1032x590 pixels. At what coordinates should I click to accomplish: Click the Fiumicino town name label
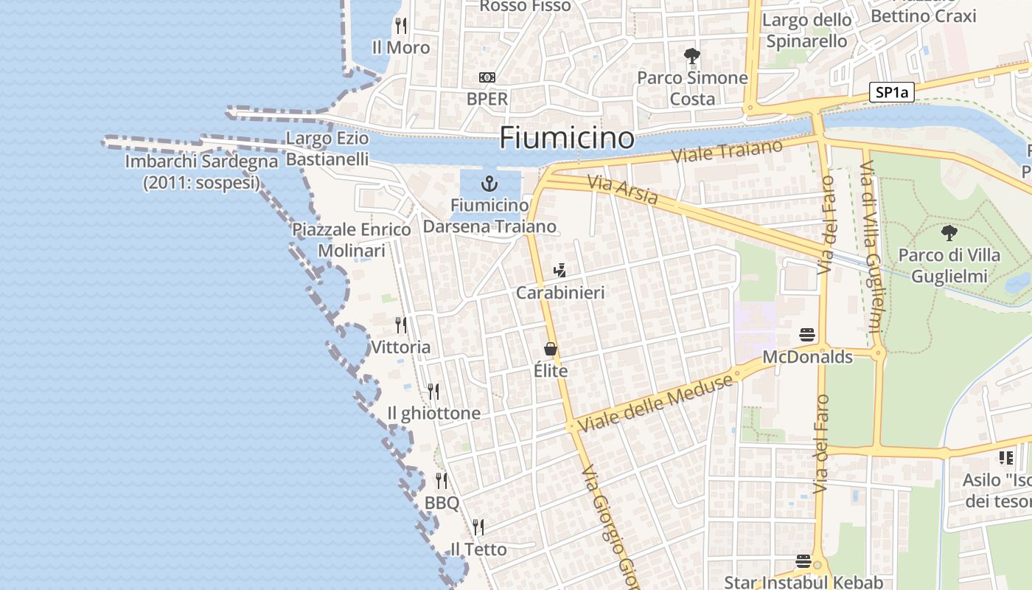[x=567, y=137]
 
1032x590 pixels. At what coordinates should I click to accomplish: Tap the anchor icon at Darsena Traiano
[x=488, y=183]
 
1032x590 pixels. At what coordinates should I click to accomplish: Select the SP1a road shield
[x=891, y=92]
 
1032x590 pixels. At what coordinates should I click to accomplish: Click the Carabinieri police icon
[x=560, y=271]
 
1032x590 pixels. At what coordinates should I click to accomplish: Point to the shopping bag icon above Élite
[x=551, y=349]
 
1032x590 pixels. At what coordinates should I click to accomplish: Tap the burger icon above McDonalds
[x=807, y=335]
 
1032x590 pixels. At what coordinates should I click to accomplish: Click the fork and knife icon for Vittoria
[x=401, y=324]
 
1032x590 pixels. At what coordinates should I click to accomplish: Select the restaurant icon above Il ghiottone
[x=433, y=391]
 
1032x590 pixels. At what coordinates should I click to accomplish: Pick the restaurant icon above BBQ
[x=442, y=481]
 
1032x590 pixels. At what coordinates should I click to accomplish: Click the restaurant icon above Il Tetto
[x=478, y=527]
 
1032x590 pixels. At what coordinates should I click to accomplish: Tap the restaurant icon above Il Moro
[x=401, y=25]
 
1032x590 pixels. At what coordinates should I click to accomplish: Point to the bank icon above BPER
[x=487, y=77]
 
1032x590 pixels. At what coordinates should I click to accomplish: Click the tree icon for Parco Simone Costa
[x=691, y=55]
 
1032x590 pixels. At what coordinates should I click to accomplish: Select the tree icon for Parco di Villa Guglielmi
[x=949, y=233]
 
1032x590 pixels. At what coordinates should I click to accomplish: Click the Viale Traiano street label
[x=728, y=151]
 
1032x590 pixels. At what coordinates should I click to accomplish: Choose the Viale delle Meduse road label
[x=655, y=403]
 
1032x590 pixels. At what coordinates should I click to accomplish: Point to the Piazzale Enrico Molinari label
[x=352, y=240]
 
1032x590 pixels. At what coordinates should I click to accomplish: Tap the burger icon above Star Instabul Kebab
[x=803, y=561]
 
